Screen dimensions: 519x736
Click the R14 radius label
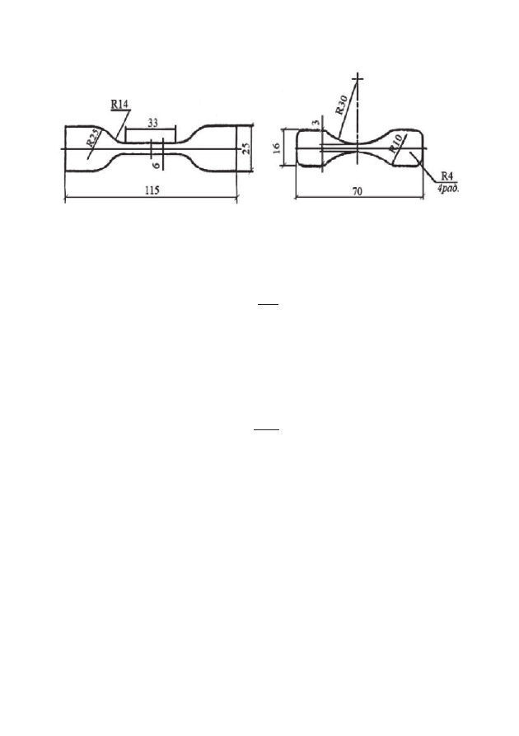tap(119, 104)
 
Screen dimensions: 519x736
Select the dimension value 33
tap(153, 123)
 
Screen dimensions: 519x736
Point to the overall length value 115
tap(152, 190)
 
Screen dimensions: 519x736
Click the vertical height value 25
tap(245, 148)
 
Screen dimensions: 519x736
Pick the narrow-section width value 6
tap(157, 165)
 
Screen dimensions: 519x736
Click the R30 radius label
tap(342, 105)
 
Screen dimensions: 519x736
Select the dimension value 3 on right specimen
tap(316, 123)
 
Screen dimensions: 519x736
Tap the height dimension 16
tap(277, 148)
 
